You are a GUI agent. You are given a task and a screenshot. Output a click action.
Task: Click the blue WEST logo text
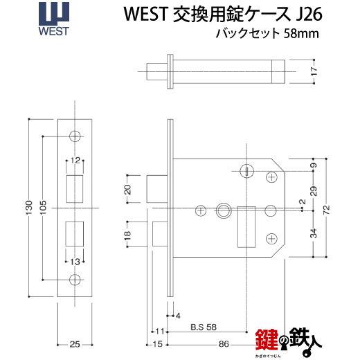pyautogui.click(x=54, y=31)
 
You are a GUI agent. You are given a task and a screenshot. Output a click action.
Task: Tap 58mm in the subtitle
pyautogui.click(x=301, y=34)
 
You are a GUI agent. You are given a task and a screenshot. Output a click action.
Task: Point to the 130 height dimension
pyautogui.click(x=29, y=208)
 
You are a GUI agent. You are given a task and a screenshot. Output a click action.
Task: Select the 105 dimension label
pyautogui.click(x=43, y=208)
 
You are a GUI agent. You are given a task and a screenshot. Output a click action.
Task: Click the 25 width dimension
pyautogui.click(x=75, y=345)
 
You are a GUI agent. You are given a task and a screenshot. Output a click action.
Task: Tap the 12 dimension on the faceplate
pyautogui.click(x=75, y=160)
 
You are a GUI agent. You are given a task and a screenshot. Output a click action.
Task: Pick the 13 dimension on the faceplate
pyautogui.click(x=75, y=262)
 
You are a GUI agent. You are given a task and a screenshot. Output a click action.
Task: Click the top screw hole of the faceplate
pyautogui.click(x=75, y=136)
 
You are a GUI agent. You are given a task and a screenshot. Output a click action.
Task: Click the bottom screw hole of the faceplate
pyautogui.click(x=75, y=280)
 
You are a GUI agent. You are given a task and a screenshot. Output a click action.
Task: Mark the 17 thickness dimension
pyautogui.click(x=314, y=71)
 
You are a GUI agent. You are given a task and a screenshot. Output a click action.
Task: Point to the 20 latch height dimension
pyautogui.click(x=127, y=190)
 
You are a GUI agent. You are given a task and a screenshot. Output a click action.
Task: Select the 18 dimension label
pyautogui.click(x=127, y=235)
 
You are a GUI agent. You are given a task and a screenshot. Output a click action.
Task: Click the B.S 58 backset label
pyautogui.click(x=204, y=327)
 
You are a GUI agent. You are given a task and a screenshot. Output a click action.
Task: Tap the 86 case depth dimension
pyautogui.click(x=224, y=344)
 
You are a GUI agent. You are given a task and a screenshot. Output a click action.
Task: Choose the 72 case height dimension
pyautogui.click(x=326, y=210)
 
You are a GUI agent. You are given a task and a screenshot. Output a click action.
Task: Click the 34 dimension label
pyautogui.click(x=314, y=233)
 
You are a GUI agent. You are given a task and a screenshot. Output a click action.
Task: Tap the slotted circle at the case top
pyautogui.click(x=246, y=171)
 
